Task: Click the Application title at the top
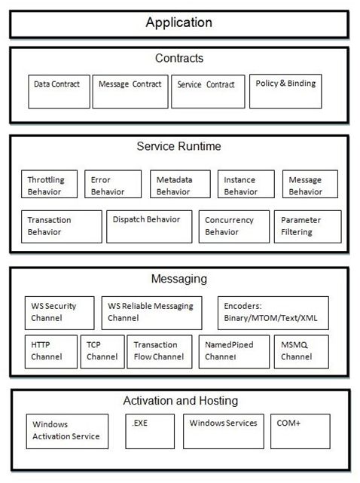pos(179,23)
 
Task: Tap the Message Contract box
pos(130,91)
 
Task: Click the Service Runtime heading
pos(178,146)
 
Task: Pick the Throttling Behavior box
pos(49,185)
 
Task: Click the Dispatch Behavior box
pos(148,226)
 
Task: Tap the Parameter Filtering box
pos(307,226)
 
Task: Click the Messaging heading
pos(178,279)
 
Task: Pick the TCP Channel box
pos(101,351)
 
